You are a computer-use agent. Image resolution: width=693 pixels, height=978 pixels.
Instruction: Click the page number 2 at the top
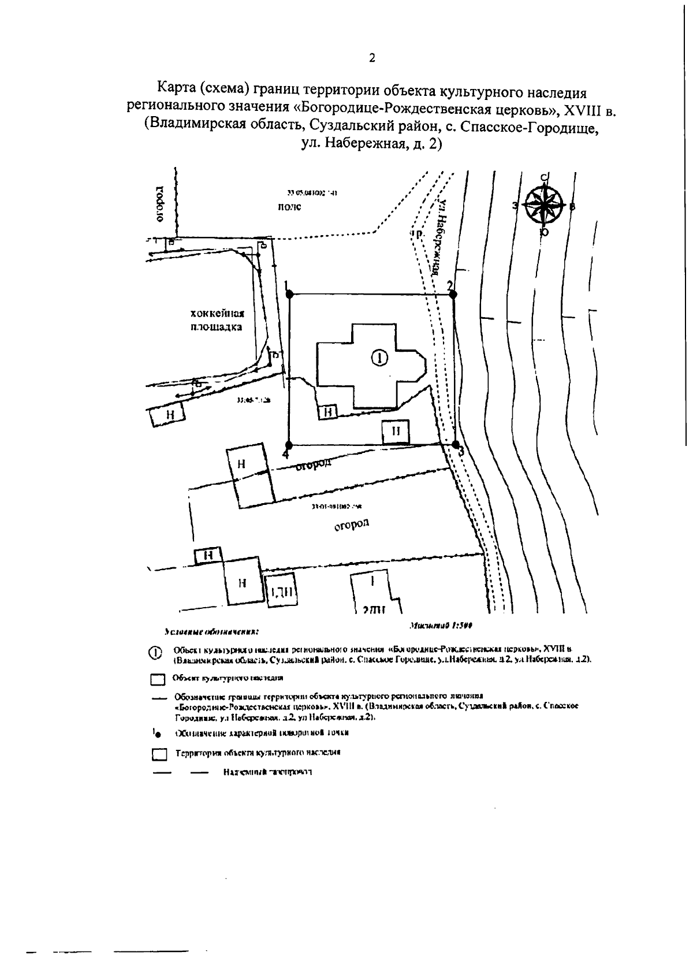click(372, 58)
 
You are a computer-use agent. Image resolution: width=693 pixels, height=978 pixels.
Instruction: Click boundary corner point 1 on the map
click(289, 294)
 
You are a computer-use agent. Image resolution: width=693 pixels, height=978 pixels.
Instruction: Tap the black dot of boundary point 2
click(453, 295)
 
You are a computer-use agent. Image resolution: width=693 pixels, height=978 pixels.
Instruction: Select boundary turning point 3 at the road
click(455, 445)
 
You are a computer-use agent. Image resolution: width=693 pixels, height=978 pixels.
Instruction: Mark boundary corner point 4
click(289, 445)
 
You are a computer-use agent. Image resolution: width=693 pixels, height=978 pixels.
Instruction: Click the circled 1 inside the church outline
click(379, 359)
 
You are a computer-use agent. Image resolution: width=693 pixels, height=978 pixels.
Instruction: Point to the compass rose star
click(543, 205)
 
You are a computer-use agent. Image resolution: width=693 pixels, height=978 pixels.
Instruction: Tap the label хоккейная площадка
click(217, 320)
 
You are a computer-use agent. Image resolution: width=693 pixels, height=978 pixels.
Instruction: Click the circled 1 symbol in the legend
click(155, 653)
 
